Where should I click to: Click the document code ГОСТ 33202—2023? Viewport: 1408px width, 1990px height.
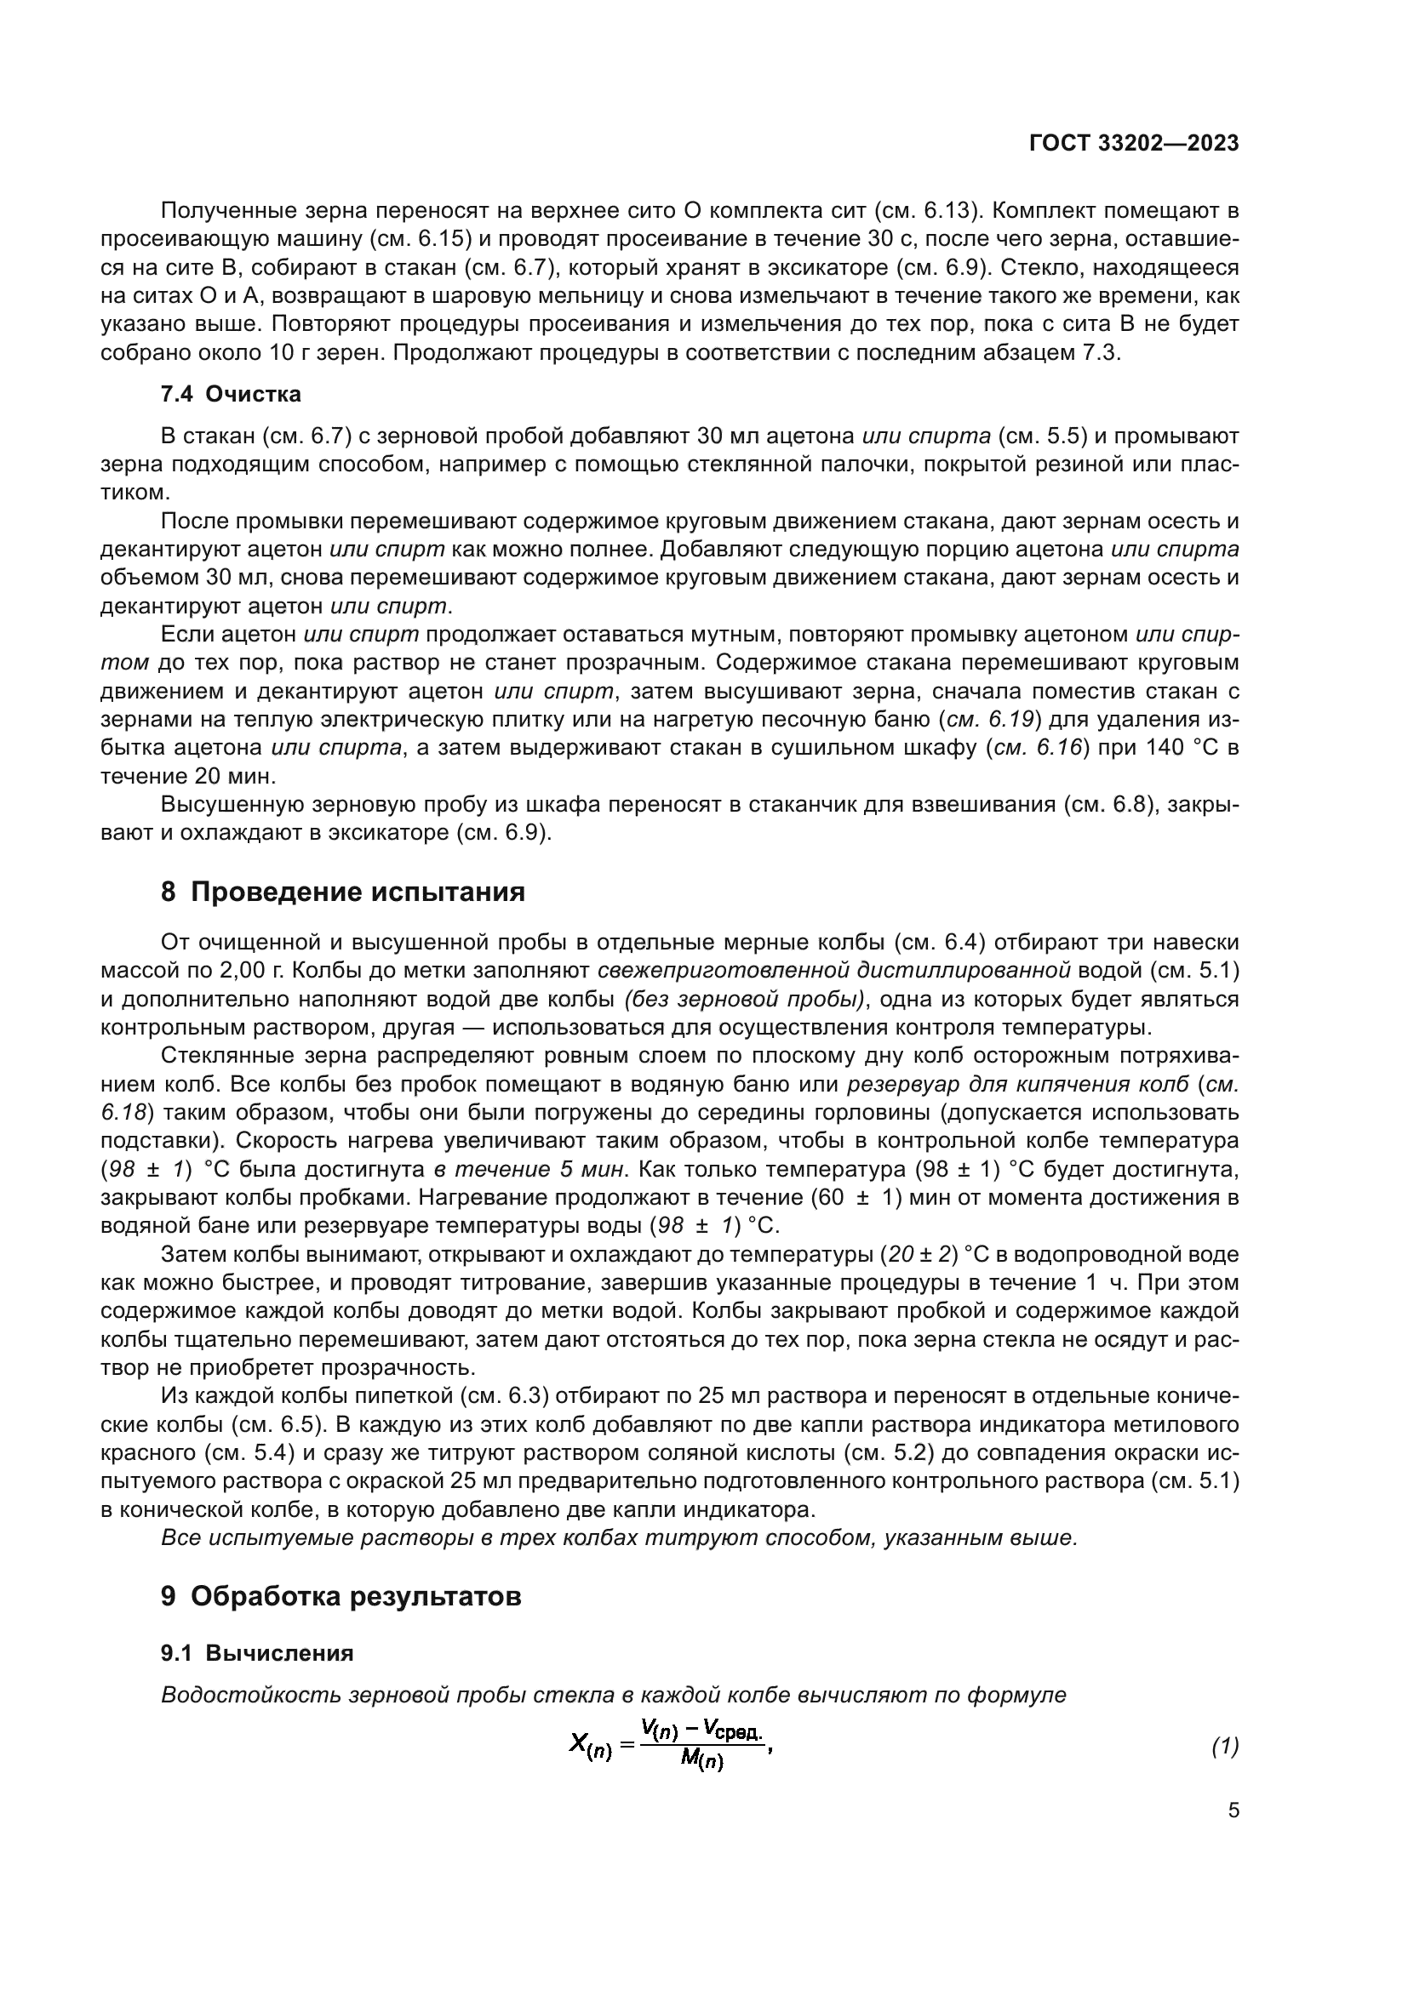pos(1133,144)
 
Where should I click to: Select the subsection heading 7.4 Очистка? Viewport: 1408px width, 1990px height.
pos(231,395)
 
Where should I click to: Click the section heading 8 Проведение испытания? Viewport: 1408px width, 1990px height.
pos(342,892)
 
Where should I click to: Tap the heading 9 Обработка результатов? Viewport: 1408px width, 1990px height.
pos(341,1595)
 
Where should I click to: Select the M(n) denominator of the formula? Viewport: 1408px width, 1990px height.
pos(701,1760)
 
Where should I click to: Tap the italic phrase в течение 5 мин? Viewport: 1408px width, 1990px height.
pos(529,1169)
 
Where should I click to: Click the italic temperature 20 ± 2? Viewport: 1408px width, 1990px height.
pos(920,1254)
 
